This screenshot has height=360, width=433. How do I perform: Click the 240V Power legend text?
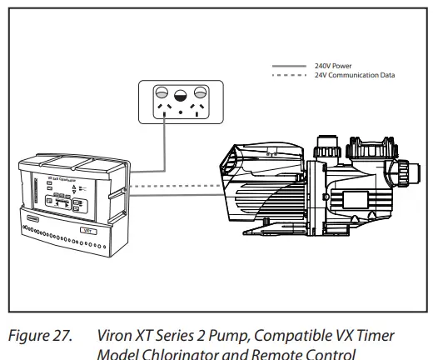[x=331, y=65]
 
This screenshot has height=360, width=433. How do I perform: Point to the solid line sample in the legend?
[x=291, y=65]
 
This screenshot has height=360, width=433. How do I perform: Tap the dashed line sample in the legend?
[x=291, y=75]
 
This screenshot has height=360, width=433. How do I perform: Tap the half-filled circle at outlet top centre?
[x=179, y=93]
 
